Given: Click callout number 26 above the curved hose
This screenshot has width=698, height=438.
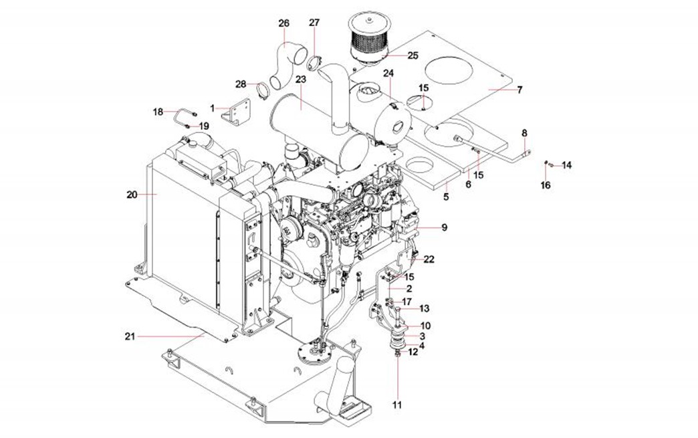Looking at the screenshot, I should click(x=284, y=23).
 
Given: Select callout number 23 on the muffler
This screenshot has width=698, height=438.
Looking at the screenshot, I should click(x=300, y=79).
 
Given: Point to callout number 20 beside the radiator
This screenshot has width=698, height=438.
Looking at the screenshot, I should click(x=131, y=195).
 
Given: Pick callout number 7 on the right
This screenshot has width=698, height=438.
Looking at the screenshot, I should click(x=519, y=89).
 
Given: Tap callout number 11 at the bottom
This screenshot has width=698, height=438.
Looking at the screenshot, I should click(x=398, y=405).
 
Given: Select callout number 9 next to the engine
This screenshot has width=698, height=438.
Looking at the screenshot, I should click(x=444, y=227).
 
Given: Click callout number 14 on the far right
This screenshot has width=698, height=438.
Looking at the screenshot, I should click(x=567, y=165).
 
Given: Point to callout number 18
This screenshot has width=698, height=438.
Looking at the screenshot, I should click(x=158, y=112).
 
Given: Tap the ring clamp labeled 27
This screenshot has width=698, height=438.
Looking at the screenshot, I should click(x=312, y=65).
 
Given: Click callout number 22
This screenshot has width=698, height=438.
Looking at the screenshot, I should click(x=429, y=259).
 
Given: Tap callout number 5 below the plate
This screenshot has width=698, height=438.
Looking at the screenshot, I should click(x=446, y=197).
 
